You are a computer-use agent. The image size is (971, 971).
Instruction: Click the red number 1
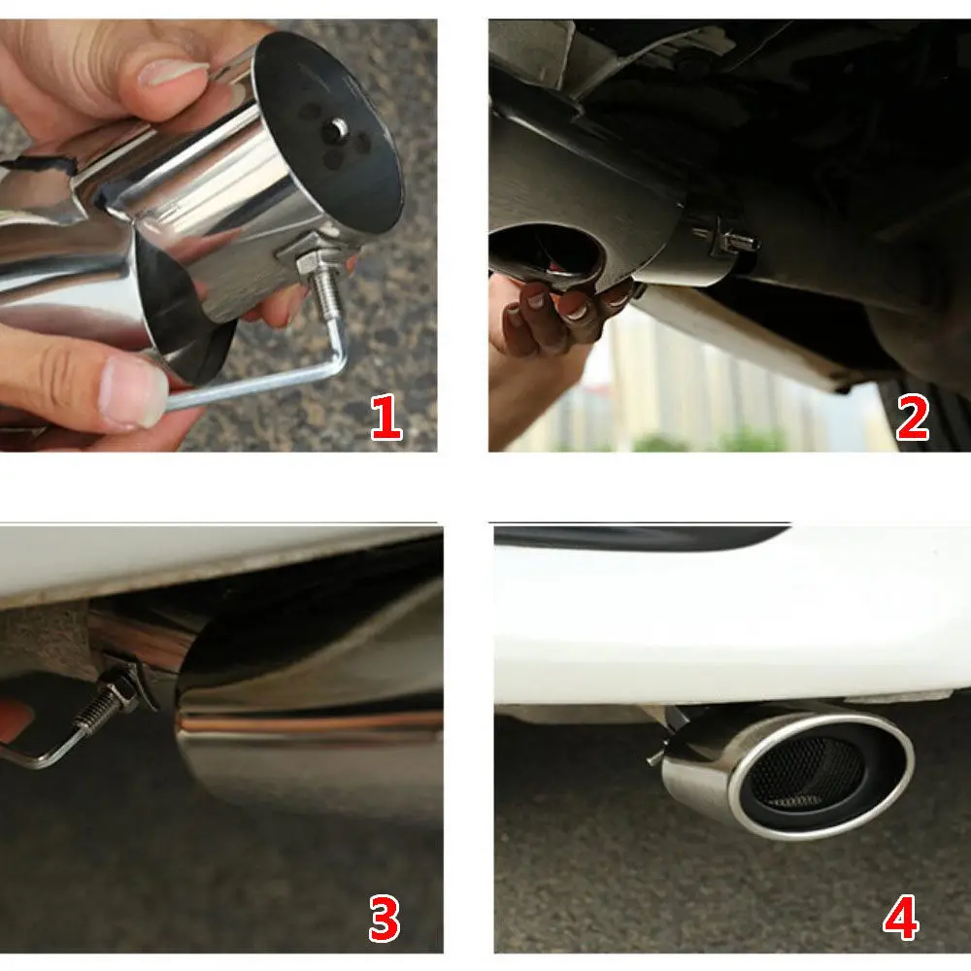tap(386, 418)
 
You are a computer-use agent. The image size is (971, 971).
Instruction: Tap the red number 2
tap(912, 418)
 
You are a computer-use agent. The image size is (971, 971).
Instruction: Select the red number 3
tap(384, 919)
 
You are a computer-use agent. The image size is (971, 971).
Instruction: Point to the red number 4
tap(900, 919)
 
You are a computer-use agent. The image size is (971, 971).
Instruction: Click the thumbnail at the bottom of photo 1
tap(133, 392)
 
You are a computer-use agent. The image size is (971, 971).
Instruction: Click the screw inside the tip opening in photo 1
tap(337, 128)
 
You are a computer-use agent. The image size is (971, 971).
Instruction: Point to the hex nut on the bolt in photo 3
tap(124, 688)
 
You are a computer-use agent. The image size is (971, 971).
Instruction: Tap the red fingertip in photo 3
tap(14, 720)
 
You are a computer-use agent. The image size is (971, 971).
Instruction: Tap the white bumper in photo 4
tap(731, 625)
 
